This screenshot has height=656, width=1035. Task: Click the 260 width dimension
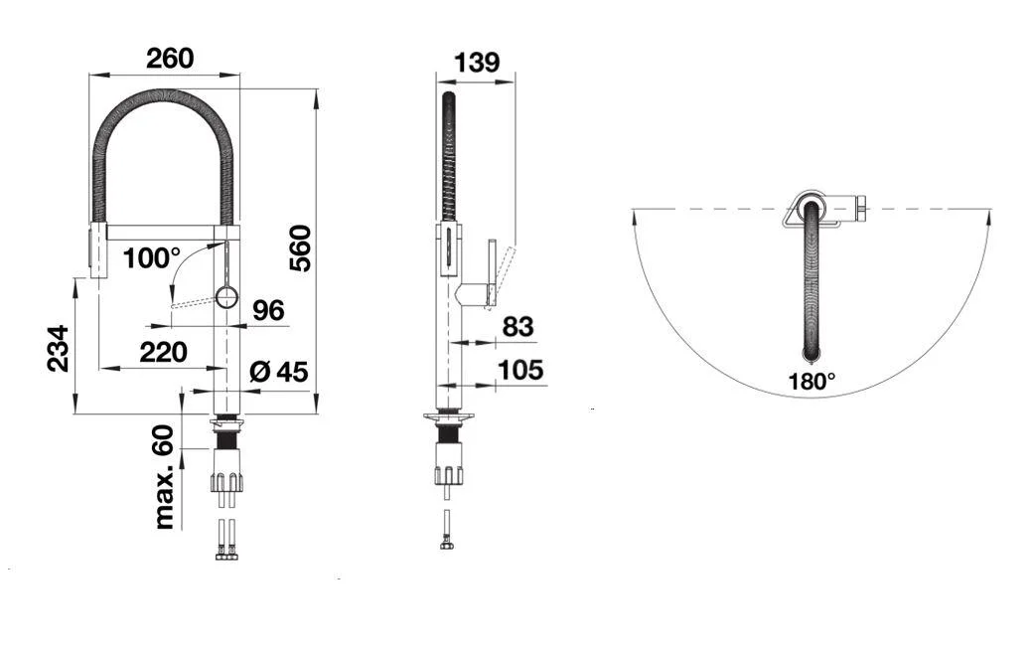[x=170, y=58]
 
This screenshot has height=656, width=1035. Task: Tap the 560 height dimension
[x=300, y=248]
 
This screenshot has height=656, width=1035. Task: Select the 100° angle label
[x=151, y=258]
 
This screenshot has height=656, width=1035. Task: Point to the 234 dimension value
[x=58, y=348]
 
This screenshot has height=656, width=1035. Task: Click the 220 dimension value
[x=163, y=352]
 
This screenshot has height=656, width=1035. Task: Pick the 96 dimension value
[x=268, y=310]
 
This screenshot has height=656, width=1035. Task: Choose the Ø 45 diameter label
[x=279, y=372]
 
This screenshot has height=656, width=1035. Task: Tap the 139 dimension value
[x=477, y=62]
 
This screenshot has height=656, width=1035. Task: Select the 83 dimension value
[x=517, y=326]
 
